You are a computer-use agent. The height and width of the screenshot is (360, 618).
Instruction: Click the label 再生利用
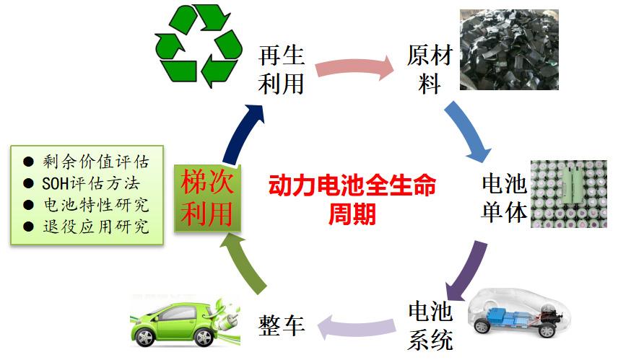(282, 70)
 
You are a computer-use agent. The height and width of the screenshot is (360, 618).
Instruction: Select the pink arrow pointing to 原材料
(354, 67)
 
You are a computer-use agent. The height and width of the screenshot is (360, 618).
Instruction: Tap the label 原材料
(430, 70)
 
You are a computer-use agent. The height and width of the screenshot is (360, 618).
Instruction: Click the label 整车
(282, 325)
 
